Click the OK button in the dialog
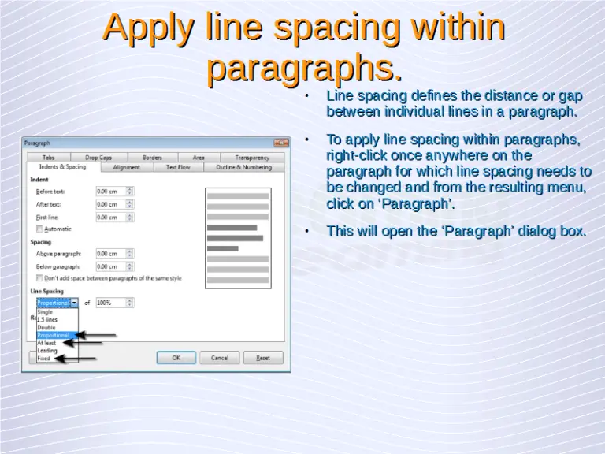point(176,357)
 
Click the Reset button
point(263,357)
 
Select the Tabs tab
point(49,158)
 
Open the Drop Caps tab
point(98,158)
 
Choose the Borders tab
point(152,158)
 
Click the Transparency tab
point(251,158)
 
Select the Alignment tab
point(127,167)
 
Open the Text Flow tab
point(178,167)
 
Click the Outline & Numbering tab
point(243,167)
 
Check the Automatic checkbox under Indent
point(40,229)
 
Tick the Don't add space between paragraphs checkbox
point(40,277)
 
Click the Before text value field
point(109,191)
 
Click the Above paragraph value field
point(109,253)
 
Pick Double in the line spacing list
point(47,327)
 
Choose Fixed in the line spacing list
point(44,359)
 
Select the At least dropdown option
point(47,343)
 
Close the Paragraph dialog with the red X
point(281,143)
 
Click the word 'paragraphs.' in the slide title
point(304,69)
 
